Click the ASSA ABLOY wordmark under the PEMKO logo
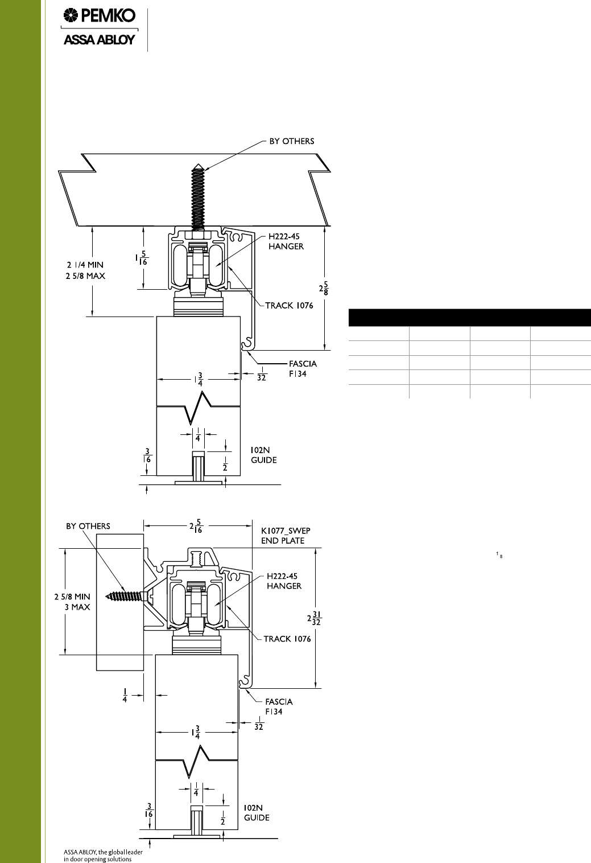tap(100, 40)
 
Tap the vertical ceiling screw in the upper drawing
tap(198, 198)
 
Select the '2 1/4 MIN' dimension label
tap(85, 265)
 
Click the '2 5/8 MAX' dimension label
tap(85, 276)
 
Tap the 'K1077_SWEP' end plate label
tap(286, 531)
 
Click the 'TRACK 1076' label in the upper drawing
tap(289, 306)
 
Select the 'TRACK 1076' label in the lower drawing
tap(287, 639)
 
